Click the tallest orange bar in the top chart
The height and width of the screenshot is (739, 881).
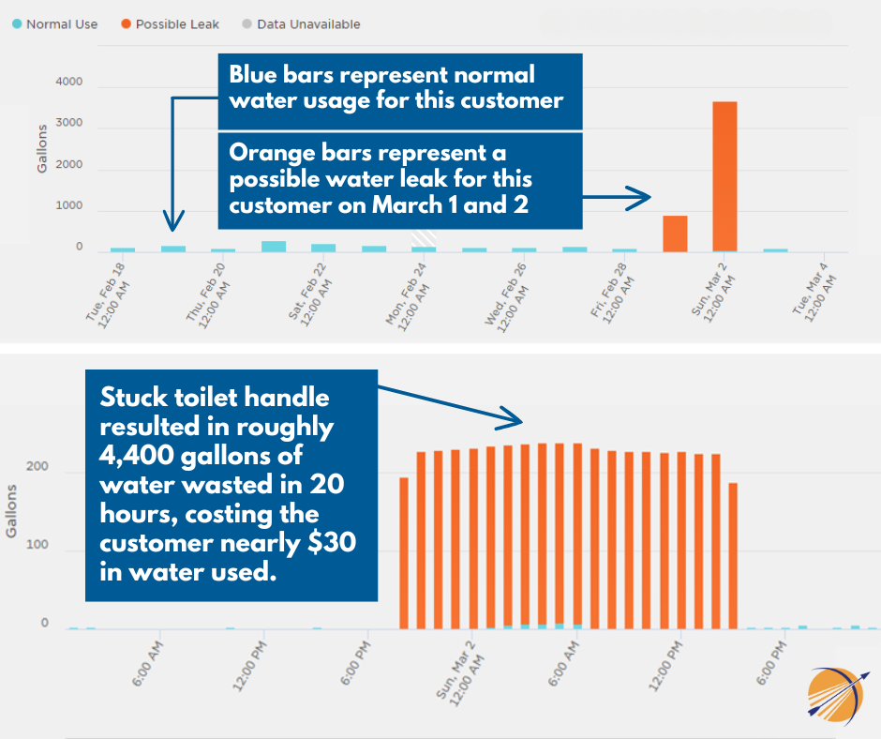coord(724,176)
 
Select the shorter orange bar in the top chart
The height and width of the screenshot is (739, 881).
coord(675,234)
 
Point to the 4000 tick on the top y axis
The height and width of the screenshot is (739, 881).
coord(68,83)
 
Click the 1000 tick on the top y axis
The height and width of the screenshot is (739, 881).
coord(68,206)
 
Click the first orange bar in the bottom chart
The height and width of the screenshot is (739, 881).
coord(404,553)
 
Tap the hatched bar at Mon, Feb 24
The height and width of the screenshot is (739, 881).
coord(424,241)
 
